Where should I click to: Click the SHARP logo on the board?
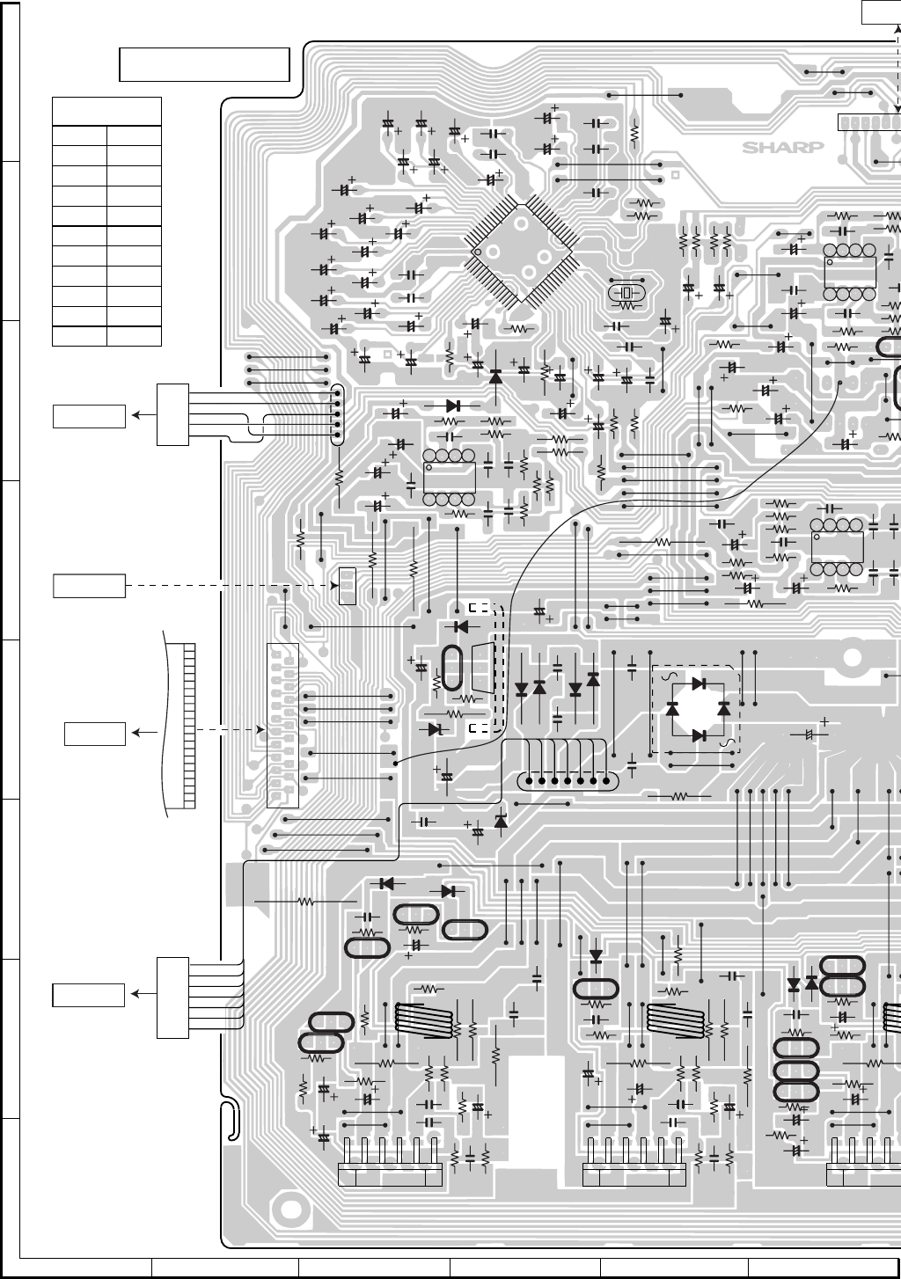coord(783,147)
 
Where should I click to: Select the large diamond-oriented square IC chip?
coord(522,253)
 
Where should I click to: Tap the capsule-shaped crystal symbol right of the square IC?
coord(626,293)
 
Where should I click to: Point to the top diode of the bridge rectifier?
coord(700,683)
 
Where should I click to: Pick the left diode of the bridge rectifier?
coord(673,708)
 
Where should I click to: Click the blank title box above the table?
coord(204,64)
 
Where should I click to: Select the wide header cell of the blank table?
coord(106,112)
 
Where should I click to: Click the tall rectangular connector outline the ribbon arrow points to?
coord(282,725)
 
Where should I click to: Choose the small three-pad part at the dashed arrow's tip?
coord(347,586)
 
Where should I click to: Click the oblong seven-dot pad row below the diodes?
coord(568,780)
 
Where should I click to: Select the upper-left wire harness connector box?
coord(173,414)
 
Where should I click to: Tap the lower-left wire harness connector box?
coord(172,998)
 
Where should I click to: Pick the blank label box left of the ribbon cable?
coord(94,732)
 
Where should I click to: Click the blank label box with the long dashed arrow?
coord(89,585)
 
